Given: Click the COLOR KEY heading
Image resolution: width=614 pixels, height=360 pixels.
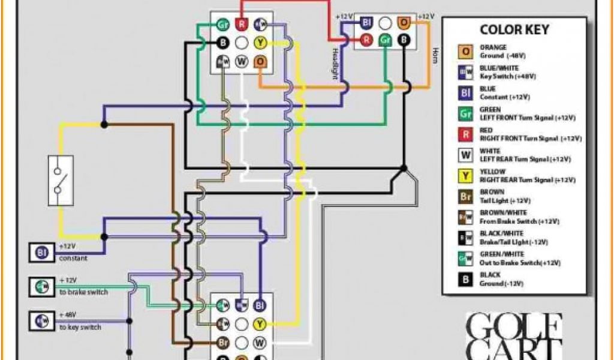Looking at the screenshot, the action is pyautogui.click(x=514, y=29).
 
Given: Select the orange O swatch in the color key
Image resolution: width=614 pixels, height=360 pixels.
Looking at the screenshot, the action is pyautogui.click(x=465, y=51).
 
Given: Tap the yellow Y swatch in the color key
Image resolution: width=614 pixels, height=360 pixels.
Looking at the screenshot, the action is pyautogui.click(x=465, y=176).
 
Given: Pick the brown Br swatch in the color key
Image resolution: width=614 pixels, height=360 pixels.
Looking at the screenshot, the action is pyautogui.click(x=465, y=197).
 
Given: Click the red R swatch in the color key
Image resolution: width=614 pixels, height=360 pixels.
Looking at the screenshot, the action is pyautogui.click(x=465, y=134).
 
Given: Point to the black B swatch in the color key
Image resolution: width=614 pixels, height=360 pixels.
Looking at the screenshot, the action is pyautogui.click(x=465, y=279).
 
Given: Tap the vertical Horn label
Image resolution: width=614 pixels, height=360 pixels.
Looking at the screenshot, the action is pyautogui.click(x=435, y=56).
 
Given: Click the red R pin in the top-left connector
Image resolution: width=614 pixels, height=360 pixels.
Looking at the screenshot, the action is pyautogui.click(x=242, y=24).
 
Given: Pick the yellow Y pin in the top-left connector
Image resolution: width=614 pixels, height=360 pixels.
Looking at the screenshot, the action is pyautogui.click(x=260, y=43).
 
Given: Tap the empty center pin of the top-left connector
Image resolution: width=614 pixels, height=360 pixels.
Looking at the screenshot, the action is pyautogui.click(x=242, y=43).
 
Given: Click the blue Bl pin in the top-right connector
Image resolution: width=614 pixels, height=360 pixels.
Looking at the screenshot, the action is pyautogui.click(x=366, y=23).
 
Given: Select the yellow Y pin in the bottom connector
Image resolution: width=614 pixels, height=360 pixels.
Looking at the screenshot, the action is pyautogui.click(x=260, y=325).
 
